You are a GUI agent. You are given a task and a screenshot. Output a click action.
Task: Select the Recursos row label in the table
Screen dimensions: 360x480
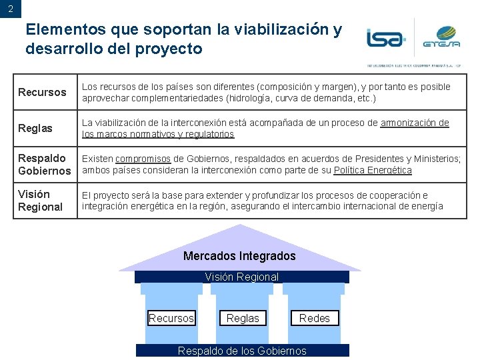coord(42,92)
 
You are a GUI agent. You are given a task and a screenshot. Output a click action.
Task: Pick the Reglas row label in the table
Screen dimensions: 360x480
coord(35,128)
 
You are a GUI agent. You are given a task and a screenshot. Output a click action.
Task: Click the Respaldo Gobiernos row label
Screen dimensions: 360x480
coord(44,164)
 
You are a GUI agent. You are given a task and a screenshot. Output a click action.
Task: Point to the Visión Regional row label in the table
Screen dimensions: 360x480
coord(40,201)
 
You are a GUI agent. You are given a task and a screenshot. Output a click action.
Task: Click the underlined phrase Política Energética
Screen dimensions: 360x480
coord(373,170)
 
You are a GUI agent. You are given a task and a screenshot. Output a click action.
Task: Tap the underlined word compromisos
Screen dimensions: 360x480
coord(143,159)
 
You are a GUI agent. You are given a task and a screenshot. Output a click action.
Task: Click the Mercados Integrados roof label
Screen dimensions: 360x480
coord(239,256)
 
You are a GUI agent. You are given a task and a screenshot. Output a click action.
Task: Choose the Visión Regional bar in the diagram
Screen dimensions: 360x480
coord(241,277)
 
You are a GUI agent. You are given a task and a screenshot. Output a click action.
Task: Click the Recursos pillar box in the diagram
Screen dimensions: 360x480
coord(171,318)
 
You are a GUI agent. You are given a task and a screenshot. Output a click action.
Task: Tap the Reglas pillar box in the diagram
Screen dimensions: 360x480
coord(243,318)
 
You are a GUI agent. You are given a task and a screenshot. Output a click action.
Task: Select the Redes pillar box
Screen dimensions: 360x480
coord(315,318)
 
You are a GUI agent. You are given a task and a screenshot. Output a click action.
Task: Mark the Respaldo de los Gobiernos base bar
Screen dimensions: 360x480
coord(242,351)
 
